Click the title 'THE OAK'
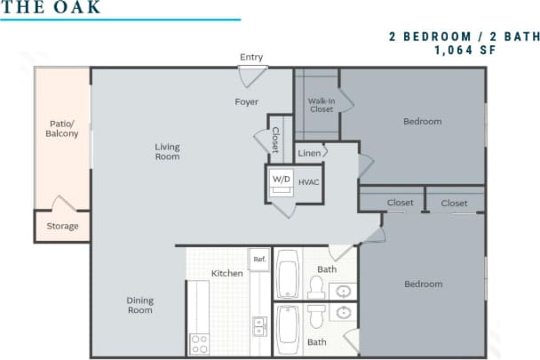[51, 8]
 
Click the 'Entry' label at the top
[251, 58]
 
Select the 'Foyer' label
[246, 102]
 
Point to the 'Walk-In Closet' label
[321, 105]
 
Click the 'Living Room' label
[167, 152]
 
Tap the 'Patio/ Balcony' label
[62, 129]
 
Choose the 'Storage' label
[62, 226]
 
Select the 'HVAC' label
[308, 182]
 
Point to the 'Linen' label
[309, 153]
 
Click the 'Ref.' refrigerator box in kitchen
[259, 260]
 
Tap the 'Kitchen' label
[226, 273]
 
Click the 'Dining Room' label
[139, 305]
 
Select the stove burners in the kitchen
[199, 342]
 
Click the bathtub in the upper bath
[288, 275]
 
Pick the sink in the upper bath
[343, 290]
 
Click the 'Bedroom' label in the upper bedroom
[423, 122]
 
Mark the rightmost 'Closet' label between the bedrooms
[454, 203]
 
